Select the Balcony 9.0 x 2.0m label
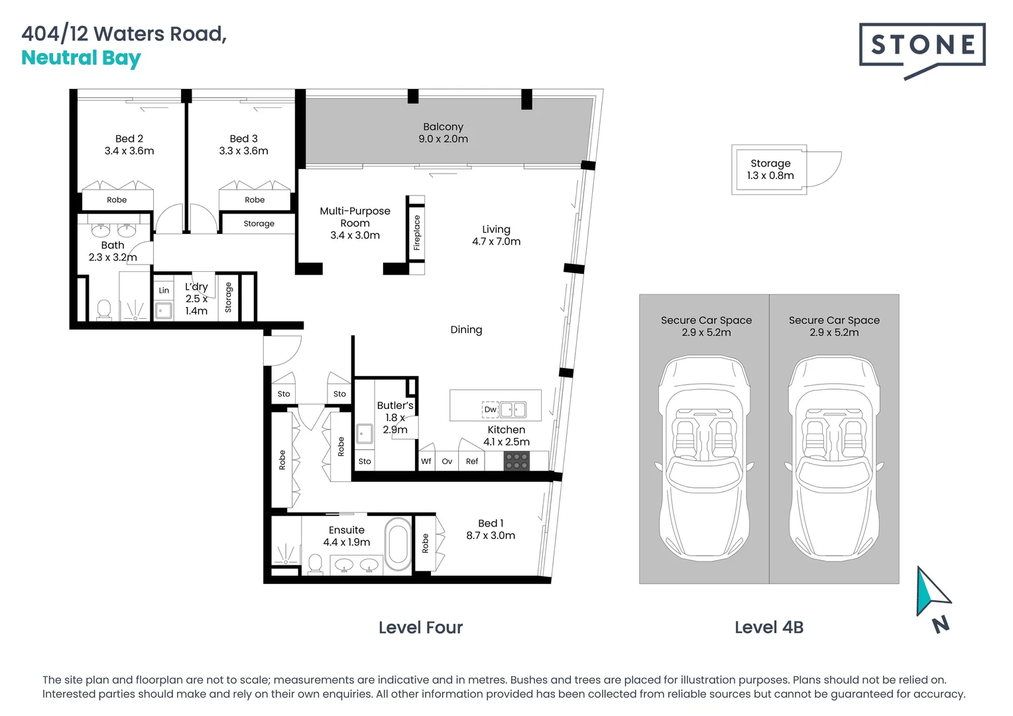point(443,133)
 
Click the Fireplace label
point(417,233)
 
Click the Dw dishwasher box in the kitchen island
point(490,410)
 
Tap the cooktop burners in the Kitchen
point(516,461)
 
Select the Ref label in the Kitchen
point(472,461)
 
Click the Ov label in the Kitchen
point(447,461)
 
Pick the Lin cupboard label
point(164,290)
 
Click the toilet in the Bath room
point(104,310)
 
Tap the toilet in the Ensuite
point(316,564)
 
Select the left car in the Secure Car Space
point(704,457)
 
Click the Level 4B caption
point(768,627)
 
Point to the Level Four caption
point(420,627)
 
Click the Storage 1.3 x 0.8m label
point(770,169)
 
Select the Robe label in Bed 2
point(117,200)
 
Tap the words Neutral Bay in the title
point(81,58)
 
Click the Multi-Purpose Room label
point(355,223)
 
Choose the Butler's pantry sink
point(364,434)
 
